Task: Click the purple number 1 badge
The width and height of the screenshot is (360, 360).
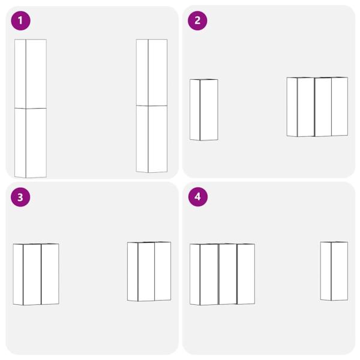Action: pos(20,20)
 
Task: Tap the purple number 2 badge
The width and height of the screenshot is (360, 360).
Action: pos(197,20)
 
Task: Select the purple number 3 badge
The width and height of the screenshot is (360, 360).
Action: pos(20,197)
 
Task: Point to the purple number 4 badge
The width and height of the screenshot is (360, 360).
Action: pos(197,197)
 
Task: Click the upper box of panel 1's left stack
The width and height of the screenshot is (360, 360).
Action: pos(31,74)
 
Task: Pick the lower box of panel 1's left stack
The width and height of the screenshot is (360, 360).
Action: pos(31,143)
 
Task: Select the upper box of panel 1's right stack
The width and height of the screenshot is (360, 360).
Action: pos(152,73)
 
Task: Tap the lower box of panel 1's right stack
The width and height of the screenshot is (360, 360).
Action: pos(152,139)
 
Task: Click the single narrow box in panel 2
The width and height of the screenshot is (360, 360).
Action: pos(204,110)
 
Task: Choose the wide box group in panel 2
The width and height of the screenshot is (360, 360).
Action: pos(317,107)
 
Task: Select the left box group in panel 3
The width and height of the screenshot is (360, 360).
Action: pos(36,274)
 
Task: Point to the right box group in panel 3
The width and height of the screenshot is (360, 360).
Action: pos(149,272)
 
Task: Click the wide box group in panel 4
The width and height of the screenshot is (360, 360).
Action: pos(222,274)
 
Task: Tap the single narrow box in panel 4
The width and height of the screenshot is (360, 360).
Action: pos(334,271)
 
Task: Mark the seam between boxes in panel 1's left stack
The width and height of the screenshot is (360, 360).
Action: pos(31,108)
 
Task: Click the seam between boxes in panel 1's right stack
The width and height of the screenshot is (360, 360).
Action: pos(152,106)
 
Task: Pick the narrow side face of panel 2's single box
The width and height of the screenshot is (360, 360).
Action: pos(195,110)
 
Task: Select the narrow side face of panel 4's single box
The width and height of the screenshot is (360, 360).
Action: pos(326,271)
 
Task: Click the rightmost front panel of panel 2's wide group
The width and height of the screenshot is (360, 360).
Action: pos(340,107)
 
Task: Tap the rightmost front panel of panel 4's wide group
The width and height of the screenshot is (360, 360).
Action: pos(246,274)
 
